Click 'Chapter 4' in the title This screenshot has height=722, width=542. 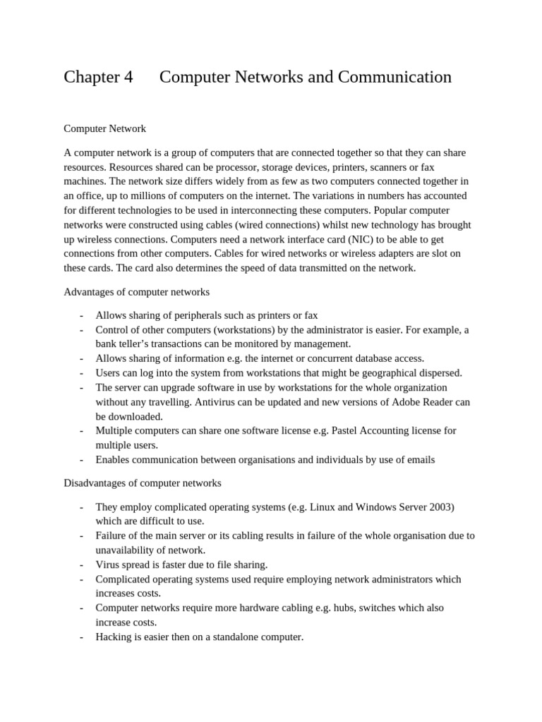98,77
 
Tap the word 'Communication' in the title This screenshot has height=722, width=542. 395,77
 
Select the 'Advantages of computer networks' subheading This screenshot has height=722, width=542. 136,291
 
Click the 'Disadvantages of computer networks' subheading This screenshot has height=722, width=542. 143,483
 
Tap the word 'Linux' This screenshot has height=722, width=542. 320,507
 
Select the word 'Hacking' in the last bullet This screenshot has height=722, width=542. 114,637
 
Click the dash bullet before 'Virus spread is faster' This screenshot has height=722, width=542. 82,565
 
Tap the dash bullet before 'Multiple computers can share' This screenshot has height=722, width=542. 82,431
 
